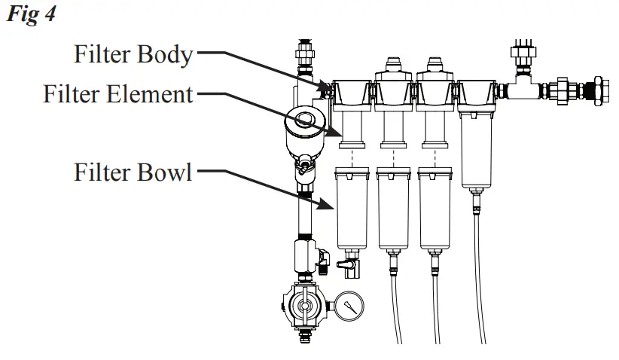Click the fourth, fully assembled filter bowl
click(477, 151)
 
